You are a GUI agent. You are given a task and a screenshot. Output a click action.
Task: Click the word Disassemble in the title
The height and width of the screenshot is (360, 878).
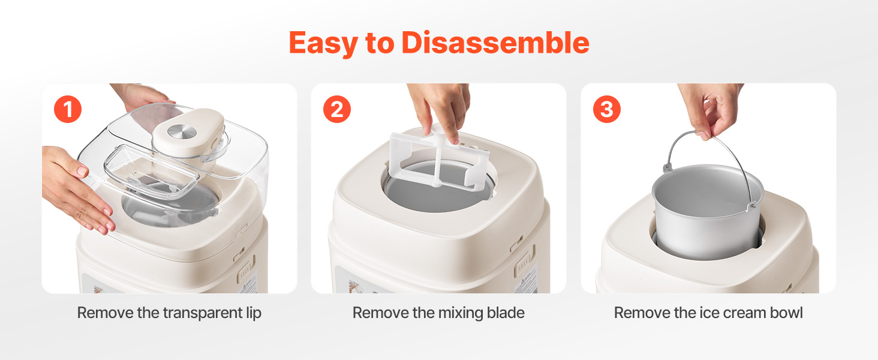(495, 43)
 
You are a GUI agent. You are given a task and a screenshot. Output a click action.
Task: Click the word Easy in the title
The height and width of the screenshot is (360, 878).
(323, 44)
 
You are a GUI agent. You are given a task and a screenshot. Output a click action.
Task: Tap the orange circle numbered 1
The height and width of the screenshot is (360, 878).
(68, 109)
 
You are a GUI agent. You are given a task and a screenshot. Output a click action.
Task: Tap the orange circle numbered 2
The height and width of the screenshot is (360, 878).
(337, 109)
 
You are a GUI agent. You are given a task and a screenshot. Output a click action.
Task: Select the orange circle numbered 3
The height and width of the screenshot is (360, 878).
(607, 109)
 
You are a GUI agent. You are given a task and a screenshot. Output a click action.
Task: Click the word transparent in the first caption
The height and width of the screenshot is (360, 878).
(203, 313)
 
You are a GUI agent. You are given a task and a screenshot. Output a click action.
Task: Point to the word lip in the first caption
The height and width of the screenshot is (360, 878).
(254, 313)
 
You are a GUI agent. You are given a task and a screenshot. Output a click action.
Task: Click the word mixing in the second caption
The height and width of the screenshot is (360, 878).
(461, 313)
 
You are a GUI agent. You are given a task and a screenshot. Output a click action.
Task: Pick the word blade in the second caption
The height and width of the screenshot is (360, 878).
(506, 313)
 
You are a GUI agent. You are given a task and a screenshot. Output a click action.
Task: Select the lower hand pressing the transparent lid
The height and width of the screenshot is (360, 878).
(74, 188)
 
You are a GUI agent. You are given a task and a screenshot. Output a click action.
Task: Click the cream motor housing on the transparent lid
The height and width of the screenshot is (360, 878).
(188, 133)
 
